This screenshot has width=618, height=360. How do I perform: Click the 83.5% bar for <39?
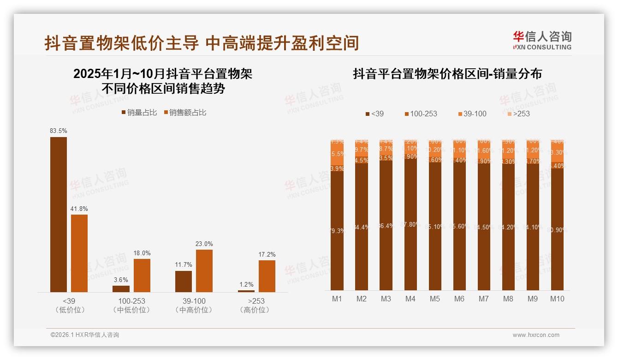(x=59, y=214)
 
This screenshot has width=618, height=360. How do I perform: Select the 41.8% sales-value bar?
(x=79, y=253)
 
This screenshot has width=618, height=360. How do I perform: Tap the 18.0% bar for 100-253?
(x=142, y=275)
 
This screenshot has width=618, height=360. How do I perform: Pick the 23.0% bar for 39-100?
(x=204, y=270)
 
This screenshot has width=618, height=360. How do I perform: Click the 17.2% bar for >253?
(x=267, y=276)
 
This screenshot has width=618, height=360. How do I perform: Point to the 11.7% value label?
(x=184, y=265)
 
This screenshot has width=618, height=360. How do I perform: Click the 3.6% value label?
(x=121, y=280)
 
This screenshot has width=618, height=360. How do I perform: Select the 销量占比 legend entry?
(x=140, y=112)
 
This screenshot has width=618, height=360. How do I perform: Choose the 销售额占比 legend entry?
(x=185, y=112)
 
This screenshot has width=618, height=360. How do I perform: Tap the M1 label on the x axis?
(x=337, y=299)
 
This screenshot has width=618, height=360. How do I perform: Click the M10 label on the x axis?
(x=557, y=299)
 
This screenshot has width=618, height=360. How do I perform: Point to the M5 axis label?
(x=435, y=299)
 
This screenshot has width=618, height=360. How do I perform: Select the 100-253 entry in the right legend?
(x=421, y=114)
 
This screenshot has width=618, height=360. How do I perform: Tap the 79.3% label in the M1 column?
(x=337, y=231)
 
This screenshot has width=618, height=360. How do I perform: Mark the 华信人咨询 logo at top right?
(x=542, y=40)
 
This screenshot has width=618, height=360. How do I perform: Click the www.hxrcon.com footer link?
(x=536, y=335)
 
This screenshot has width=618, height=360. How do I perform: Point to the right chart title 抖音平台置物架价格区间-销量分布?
(x=447, y=74)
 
